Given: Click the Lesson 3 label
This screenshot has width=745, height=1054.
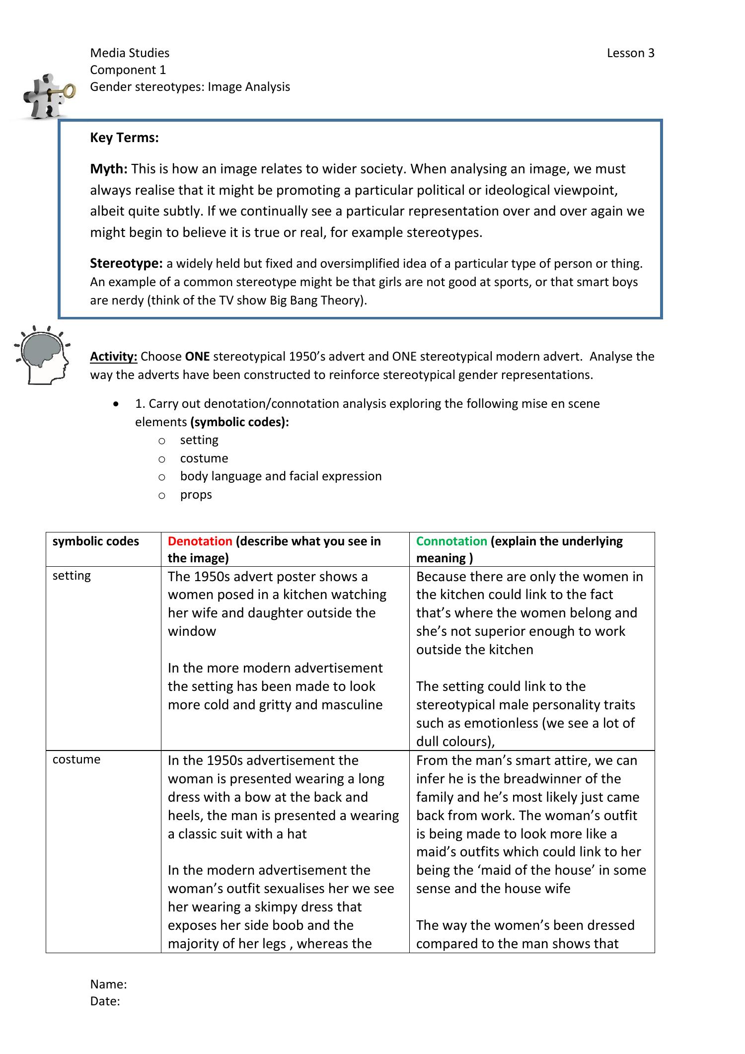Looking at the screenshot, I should pos(630,53).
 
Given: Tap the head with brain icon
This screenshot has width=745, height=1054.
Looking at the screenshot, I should pos(42,355).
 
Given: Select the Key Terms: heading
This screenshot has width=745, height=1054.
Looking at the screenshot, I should pos(124,138).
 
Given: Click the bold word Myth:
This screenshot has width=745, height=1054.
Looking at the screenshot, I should pos(109,169).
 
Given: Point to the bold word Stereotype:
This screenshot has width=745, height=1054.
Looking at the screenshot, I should pos(126,263).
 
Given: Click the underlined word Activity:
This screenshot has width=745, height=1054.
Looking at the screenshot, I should pos(113,357).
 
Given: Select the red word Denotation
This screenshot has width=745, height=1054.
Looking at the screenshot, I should pos(200,541).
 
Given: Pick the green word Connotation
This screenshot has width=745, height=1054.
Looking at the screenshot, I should pos(451,541).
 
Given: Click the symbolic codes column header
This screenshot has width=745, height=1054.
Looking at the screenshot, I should pos(95,541).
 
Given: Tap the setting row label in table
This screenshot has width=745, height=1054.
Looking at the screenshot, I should pos(72,576).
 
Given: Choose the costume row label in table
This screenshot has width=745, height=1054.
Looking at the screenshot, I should pos(76,759).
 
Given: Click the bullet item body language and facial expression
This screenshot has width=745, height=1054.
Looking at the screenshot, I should pos(281,476).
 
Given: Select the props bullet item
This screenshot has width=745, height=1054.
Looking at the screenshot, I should pos(196,495).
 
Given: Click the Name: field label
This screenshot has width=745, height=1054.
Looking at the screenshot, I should pos(108,984).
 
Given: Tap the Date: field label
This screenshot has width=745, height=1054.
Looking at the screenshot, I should pos(105,1001).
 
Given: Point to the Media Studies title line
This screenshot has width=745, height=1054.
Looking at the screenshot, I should pos(130,53).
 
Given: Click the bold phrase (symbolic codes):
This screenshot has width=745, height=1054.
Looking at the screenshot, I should pos(239,422).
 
